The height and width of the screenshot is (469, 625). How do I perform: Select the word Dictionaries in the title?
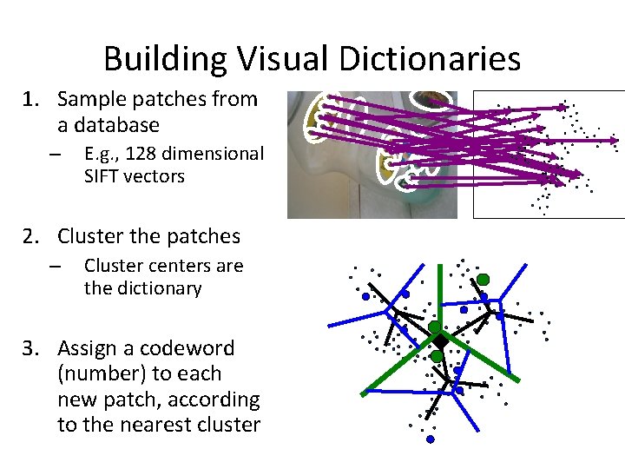tap(427, 59)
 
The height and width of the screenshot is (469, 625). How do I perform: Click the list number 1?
tap(31, 99)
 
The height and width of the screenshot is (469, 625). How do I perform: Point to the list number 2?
tap(31, 236)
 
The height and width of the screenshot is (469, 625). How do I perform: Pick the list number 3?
tap(31, 349)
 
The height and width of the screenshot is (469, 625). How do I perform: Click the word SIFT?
tap(101, 176)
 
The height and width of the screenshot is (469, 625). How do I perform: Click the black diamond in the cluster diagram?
tap(440, 340)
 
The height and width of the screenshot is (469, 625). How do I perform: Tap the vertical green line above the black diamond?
tap(440, 295)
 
